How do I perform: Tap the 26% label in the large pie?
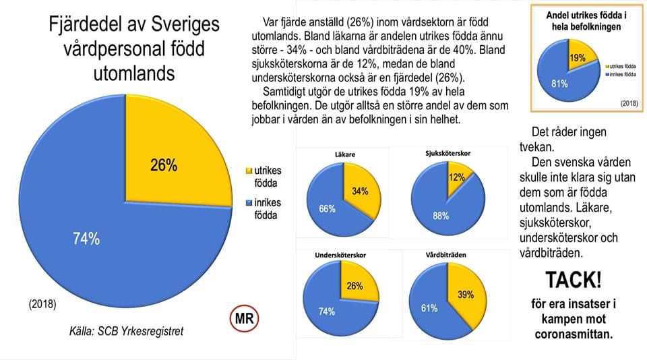click(164, 165)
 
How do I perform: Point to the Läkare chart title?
click(344, 154)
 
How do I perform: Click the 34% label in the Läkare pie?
click(359, 191)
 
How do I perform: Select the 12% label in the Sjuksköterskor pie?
click(456, 177)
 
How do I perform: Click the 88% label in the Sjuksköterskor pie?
click(441, 216)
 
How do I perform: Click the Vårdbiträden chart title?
click(447, 256)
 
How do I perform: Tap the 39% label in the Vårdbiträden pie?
click(465, 295)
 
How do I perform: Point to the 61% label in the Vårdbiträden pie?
click(429, 308)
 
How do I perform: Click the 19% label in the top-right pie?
click(577, 58)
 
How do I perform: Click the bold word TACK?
click(573, 280)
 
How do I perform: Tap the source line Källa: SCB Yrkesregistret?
click(126, 332)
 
